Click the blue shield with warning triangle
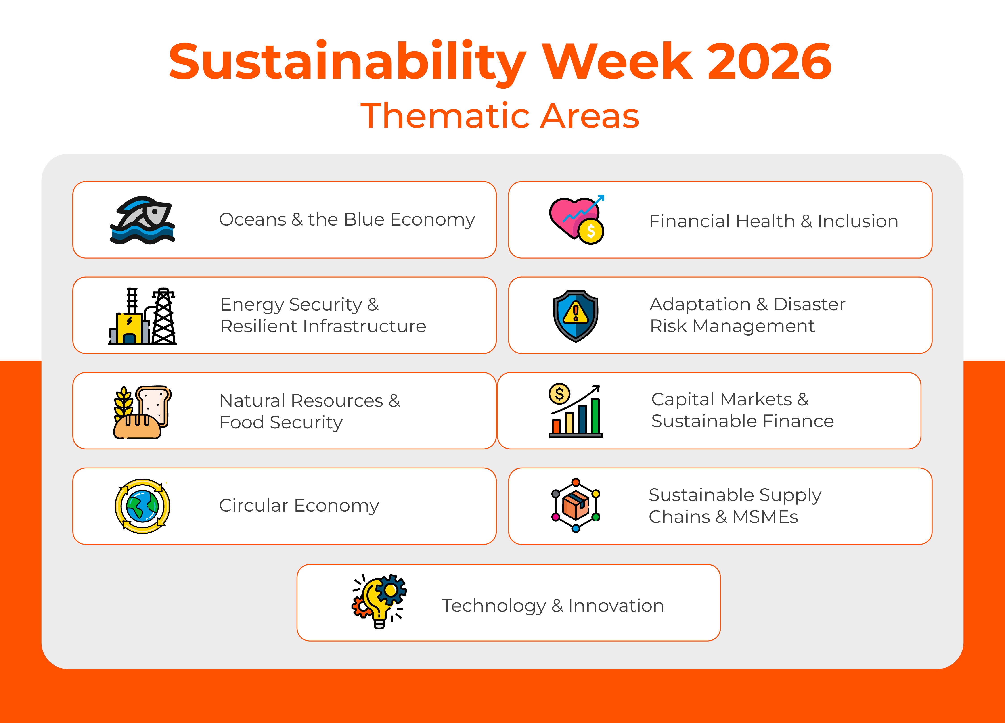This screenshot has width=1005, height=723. point(576,316)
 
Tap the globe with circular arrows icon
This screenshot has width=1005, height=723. point(142,506)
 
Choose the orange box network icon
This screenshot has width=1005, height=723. point(576,506)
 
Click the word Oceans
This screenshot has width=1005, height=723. point(253,220)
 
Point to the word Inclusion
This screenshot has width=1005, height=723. point(857,221)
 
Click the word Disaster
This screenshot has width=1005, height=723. point(809,304)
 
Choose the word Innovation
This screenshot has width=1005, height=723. point(616,606)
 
